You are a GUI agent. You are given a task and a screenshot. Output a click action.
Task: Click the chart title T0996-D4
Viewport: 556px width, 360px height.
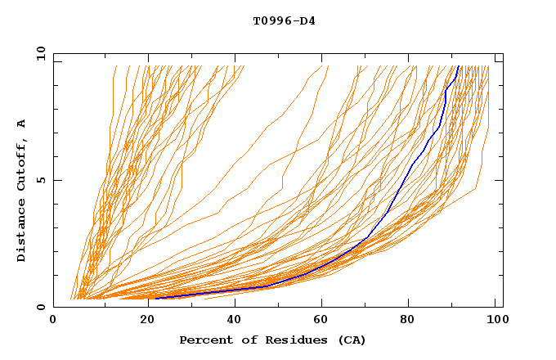(284, 20)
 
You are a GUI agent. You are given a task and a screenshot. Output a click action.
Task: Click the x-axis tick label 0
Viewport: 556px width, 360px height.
(53, 320)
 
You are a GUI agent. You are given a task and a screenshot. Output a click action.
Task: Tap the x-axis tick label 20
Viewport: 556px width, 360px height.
(142, 320)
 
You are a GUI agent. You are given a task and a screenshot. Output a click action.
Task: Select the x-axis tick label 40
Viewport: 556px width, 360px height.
(231, 320)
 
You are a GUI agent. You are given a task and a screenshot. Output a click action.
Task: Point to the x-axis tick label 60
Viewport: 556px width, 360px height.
(321, 320)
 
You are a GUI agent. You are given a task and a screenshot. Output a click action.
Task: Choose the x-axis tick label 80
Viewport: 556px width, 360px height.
(410, 320)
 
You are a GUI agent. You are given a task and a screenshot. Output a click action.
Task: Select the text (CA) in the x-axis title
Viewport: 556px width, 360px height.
(352, 340)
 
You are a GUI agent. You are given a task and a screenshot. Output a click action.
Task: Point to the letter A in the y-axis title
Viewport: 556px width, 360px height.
(22, 124)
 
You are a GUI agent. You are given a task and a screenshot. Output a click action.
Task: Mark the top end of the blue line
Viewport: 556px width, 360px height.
(459, 66)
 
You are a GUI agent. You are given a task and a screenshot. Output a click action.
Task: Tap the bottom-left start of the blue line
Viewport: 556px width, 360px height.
(155, 299)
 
